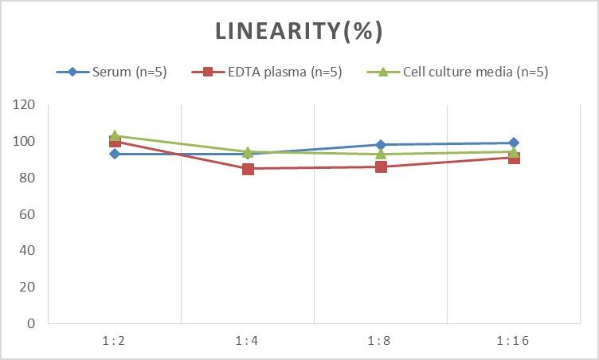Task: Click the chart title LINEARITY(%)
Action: [299, 31]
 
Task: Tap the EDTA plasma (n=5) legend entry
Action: [267, 72]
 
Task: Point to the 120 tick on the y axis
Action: [25, 105]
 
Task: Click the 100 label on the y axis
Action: [25, 142]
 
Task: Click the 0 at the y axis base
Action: [31, 323]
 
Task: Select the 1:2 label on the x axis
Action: [114, 340]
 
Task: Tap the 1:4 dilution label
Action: [247, 340]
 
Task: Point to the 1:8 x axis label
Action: [380, 340]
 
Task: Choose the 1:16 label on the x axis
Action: [513, 340]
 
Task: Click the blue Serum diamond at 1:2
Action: [115, 154]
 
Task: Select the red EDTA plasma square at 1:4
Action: [248, 169]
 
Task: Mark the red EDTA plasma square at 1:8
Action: [381, 166]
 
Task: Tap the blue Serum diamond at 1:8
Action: [381, 145]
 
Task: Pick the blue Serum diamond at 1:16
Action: [514, 143]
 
